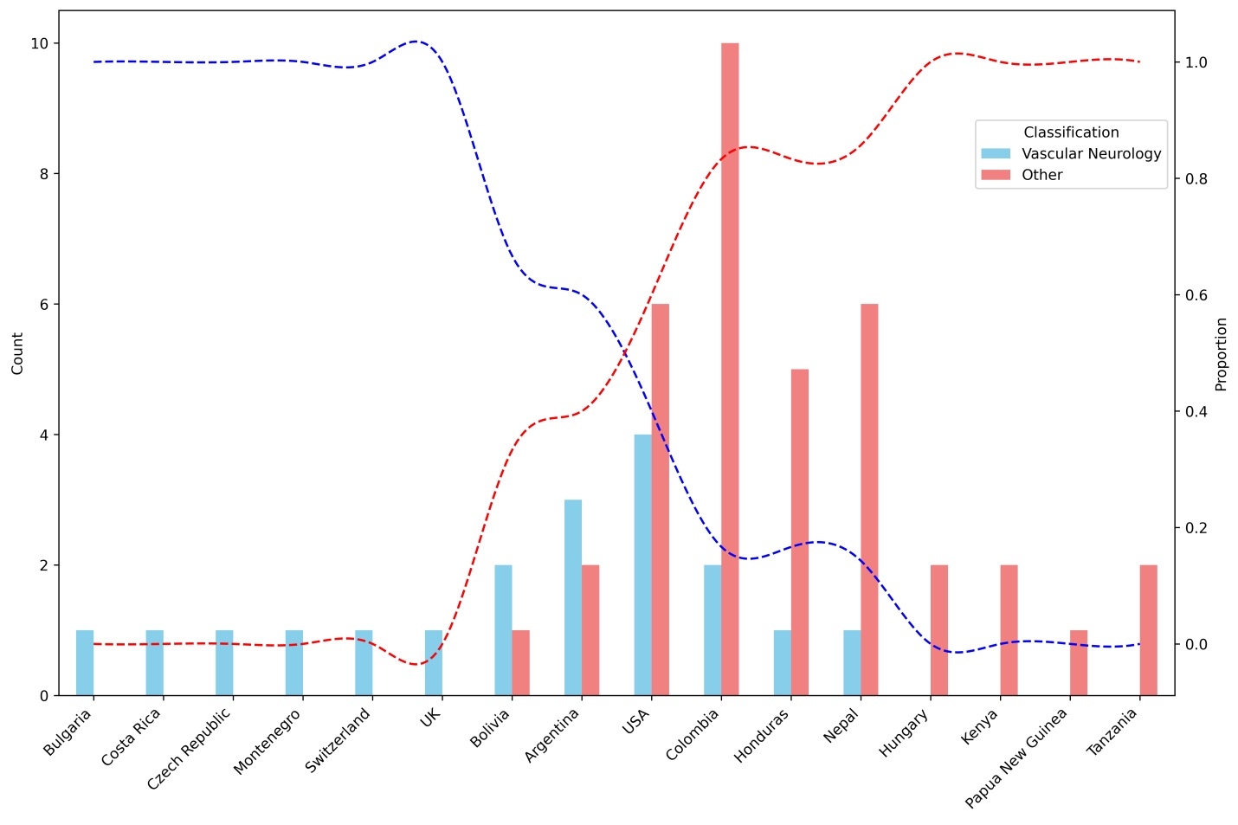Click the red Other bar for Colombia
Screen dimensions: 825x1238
(x=730, y=369)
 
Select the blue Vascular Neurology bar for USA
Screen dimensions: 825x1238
(x=642, y=564)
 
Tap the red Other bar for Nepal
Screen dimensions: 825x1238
(x=869, y=500)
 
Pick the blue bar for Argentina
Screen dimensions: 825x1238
(x=573, y=597)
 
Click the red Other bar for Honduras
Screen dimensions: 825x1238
(x=800, y=532)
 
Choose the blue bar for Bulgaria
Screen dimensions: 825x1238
(x=85, y=662)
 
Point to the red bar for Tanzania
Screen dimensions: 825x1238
(x=1148, y=629)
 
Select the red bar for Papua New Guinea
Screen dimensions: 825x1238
(x=1079, y=662)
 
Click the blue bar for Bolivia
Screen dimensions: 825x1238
(x=503, y=629)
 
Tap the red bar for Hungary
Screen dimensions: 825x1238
(x=939, y=629)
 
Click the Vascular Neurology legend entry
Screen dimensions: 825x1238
(x=1091, y=153)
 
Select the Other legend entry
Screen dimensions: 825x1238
(x=1041, y=175)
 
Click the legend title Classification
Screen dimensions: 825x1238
(x=1071, y=132)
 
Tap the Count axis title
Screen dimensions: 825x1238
(x=17, y=353)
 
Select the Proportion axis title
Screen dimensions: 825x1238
(x=1222, y=353)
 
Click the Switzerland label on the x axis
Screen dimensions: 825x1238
(x=339, y=740)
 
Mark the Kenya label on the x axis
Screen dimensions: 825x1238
(x=980, y=727)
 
